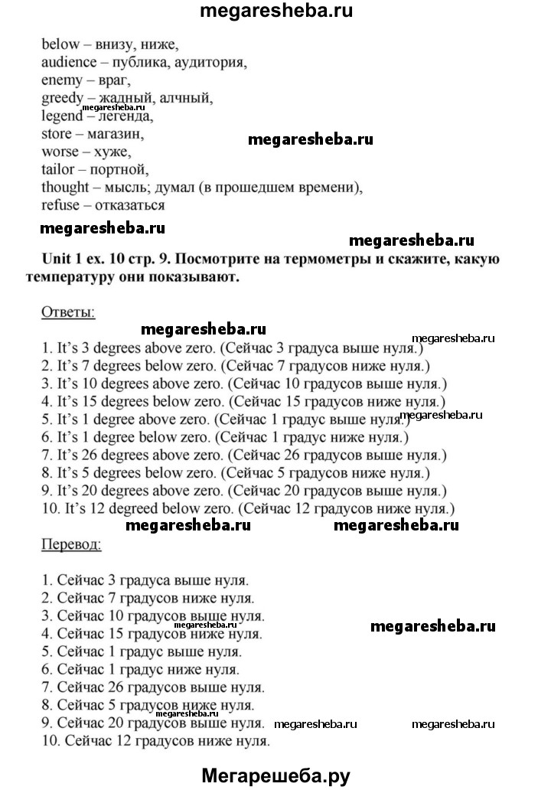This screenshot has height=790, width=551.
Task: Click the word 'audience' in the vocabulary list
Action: click(x=70, y=62)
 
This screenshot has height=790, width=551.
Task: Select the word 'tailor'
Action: click(x=59, y=168)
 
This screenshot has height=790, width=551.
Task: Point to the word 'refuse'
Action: click(x=61, y=205)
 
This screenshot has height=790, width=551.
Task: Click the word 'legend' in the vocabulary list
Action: click(x=62, y=116)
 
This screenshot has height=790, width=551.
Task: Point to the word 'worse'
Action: click(x=60, y=151)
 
